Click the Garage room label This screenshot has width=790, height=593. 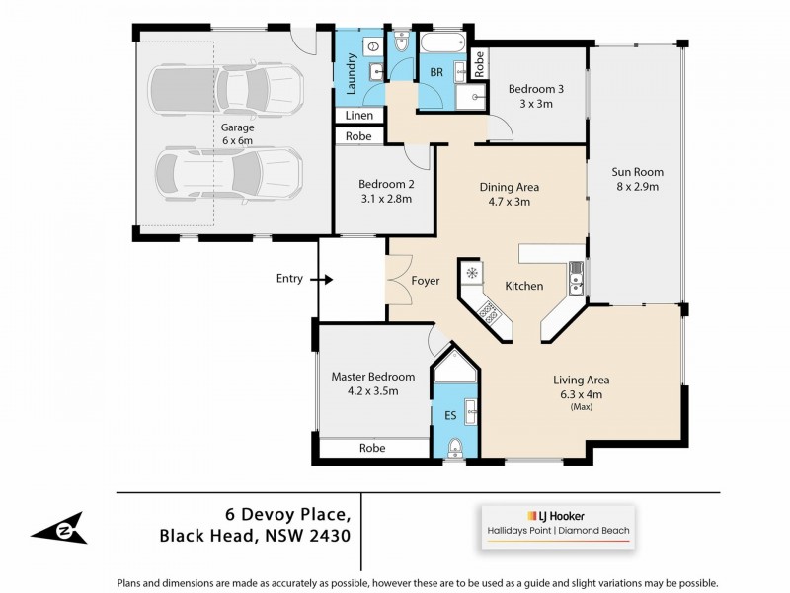[x=237, y=127]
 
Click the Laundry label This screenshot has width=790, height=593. [x=350, y=74]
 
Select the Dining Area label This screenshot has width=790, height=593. [x=509, y=187]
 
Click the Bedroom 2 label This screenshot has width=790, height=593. [x=384, y=184]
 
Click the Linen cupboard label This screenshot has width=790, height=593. [x=357, y=117]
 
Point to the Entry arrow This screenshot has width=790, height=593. [x=322, y=280]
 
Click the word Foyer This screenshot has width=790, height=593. [x=426, y=282]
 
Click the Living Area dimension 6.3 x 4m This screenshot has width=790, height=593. [x=581, y=393]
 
